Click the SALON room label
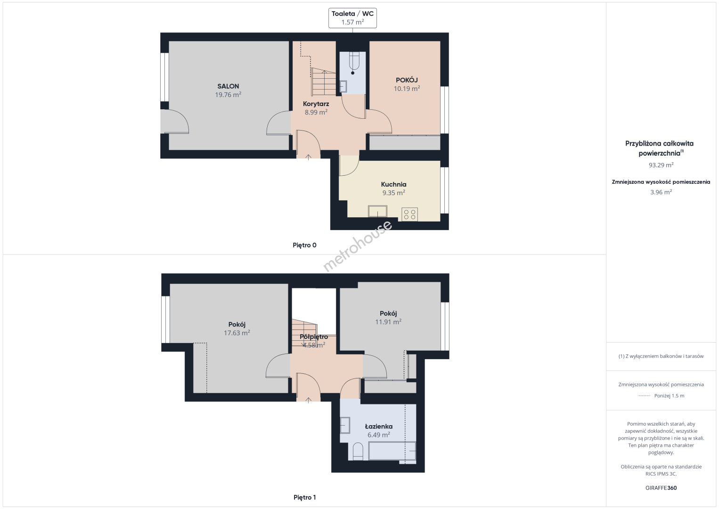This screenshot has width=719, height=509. click(x=228, y=86)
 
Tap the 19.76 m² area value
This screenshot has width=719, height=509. click(x=228, y=95)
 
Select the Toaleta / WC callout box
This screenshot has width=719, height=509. click(x=352, y=18)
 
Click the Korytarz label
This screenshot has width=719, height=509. click(x=316, y=104)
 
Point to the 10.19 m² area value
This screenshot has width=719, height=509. click(x=407, y=89)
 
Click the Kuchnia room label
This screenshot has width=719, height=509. click(x=394, y=184)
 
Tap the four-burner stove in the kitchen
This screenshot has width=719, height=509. click(x=409, y=214)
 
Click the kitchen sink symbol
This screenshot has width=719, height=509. click(x=378, y=211)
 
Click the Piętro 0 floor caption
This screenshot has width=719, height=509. click(x=305, y=246)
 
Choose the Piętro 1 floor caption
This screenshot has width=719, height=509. click(x=305, y=497)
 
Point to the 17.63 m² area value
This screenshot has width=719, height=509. click(x=237, y=333)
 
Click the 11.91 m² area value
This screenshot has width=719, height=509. click(x=388, y=322)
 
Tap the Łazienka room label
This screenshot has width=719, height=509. click(x=379, y=427)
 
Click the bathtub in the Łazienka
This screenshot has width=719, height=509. click(x=392, y=451)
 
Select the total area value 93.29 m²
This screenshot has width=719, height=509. click(x=661, y=165)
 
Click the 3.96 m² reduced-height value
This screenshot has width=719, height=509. click(x=661, y=192)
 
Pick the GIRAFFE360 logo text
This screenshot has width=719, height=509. click(x=661, y=488)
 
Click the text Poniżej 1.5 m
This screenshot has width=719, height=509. click(x=669, y=395)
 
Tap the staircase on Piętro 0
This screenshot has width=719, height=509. click(x=324, y=82)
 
